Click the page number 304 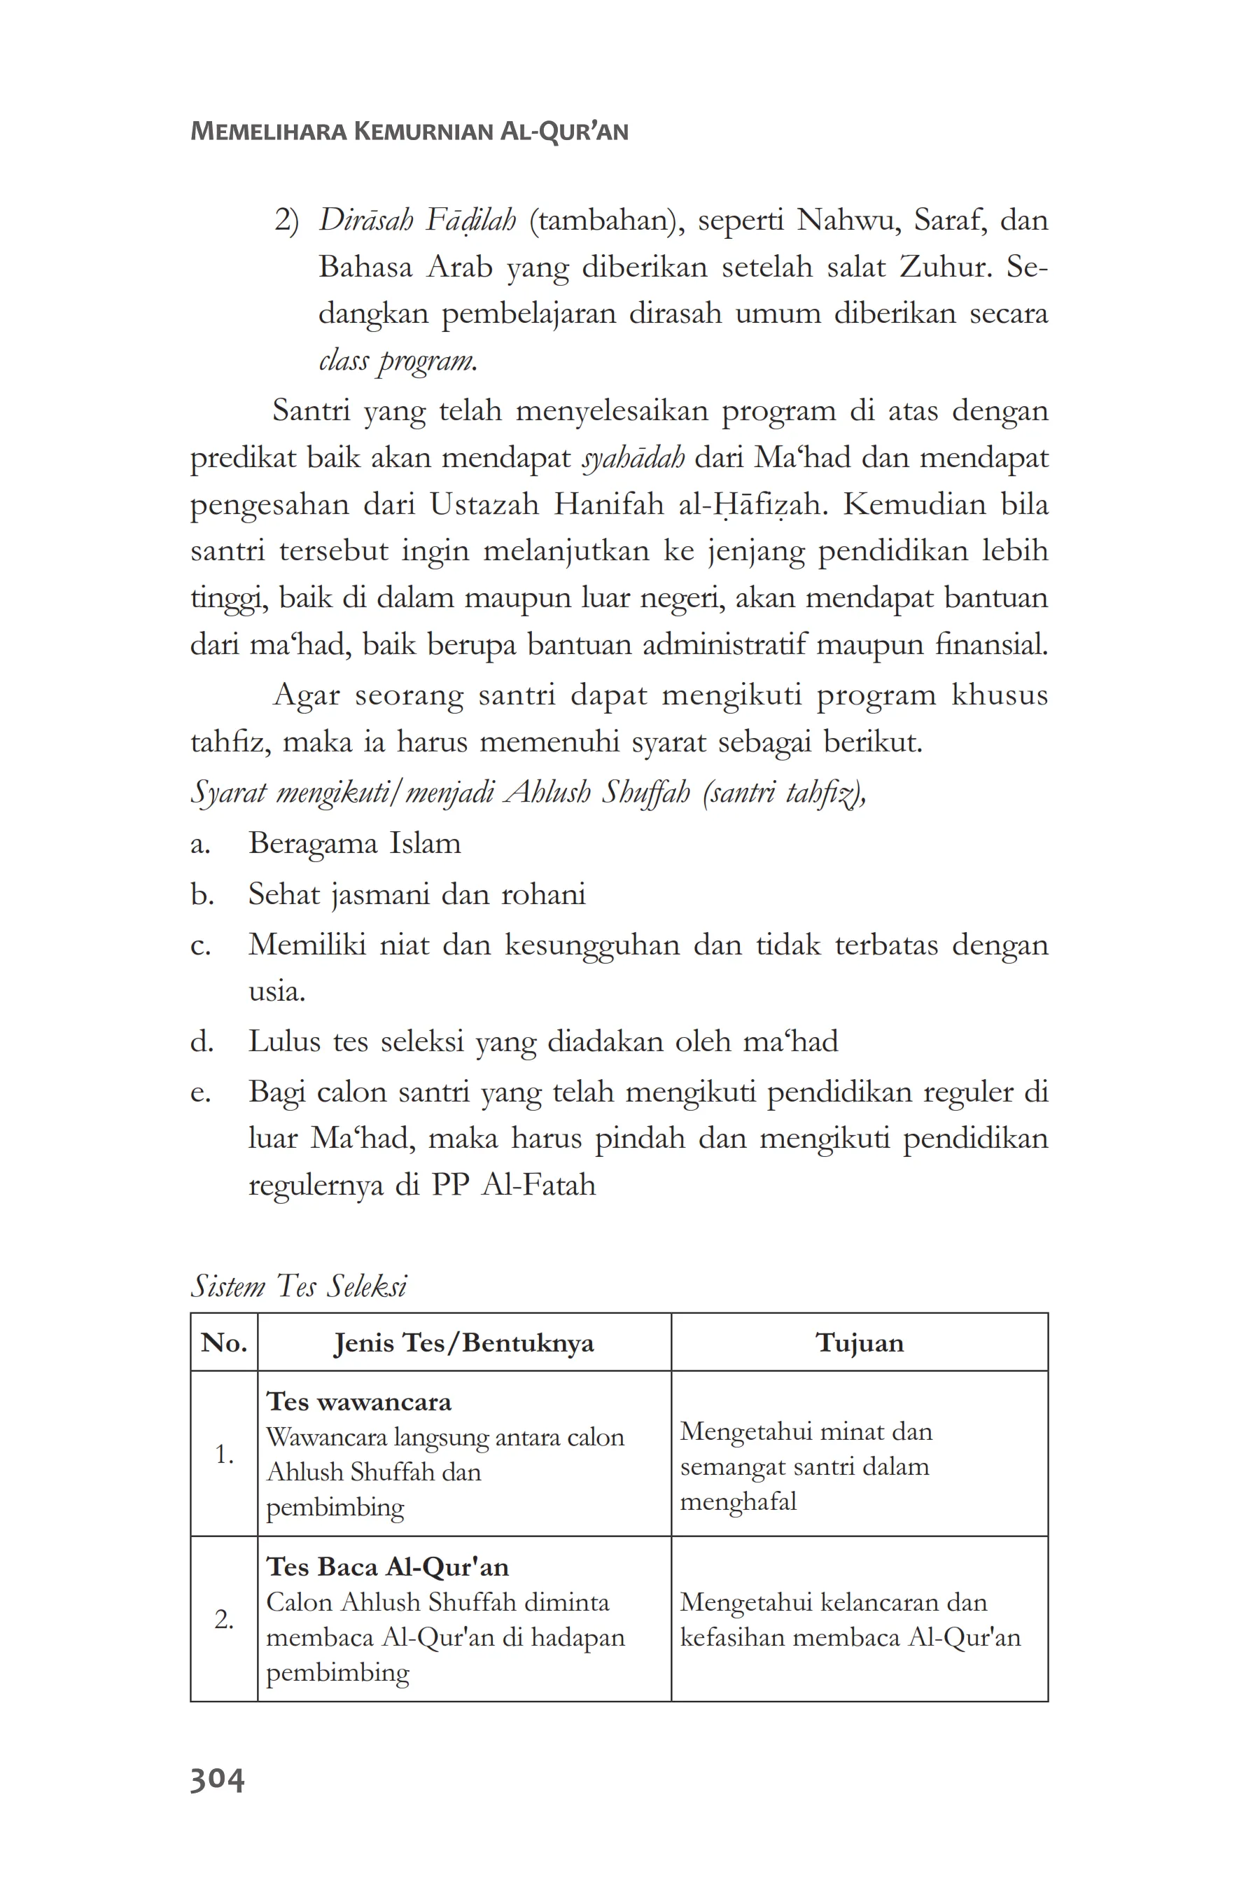[216, 1779]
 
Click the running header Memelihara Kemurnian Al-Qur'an [409, 131]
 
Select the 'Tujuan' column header [859, 1343]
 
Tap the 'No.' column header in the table [224, 1343]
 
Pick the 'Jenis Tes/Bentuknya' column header [463, 1343]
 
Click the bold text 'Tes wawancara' [358, 1402]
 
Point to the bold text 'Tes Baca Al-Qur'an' [387, 1567]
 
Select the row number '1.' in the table [224, 1455]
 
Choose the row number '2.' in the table [224, 1620]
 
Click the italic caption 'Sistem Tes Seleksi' [299, 1286]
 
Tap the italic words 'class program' [396, 361]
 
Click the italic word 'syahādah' [633, 458]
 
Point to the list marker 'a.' [199, 844]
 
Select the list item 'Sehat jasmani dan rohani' [416, 894]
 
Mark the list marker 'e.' [199, 1092]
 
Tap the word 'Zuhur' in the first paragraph [944, 266]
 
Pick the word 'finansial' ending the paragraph [990, 644]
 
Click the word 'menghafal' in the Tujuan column [738, 1501]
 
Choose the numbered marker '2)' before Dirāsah [286, 221]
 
